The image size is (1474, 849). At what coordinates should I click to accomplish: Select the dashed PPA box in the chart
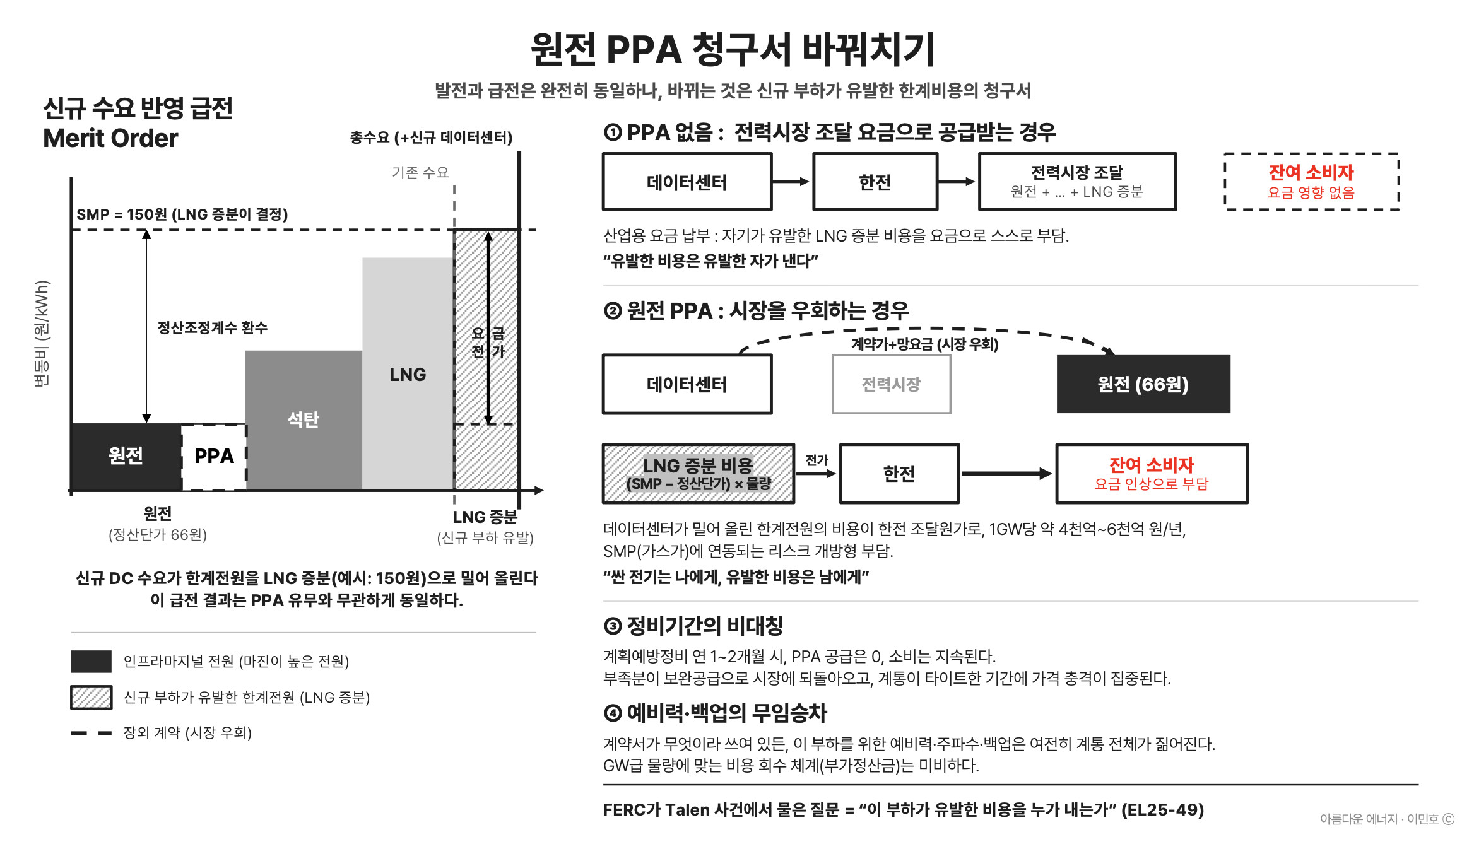coord(214,456)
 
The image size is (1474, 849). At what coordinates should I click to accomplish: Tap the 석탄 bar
coord(304,419)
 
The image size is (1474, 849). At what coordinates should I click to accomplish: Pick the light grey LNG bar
coord(408,373)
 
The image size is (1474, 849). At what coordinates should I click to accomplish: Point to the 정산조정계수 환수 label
coord(213,327)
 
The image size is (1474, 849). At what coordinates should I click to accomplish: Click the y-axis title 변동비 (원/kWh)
coord(42,333)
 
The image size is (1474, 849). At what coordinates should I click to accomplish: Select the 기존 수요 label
coord(420,172)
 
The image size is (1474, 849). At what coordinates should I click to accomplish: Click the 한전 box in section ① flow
coord(875,182)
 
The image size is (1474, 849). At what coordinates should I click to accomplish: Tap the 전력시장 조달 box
coord(1077,182)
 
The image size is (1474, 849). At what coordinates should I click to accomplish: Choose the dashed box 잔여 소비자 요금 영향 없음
coord(1311,182)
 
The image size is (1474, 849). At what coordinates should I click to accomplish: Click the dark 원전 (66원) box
coord(1143,384)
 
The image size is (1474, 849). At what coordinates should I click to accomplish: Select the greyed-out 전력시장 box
coord(891,384)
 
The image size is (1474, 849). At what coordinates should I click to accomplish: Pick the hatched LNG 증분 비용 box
coord(699,474)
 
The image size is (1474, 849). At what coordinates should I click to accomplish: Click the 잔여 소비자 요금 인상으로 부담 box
coord(1152,474)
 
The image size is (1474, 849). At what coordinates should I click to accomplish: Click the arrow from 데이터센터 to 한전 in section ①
coord(791,182)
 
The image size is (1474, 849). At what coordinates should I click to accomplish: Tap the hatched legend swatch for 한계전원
coord(91,697)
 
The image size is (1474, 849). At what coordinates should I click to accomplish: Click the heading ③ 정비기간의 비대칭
coord(693,626)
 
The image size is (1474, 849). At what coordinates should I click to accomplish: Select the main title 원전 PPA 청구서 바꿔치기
coord(733,49)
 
